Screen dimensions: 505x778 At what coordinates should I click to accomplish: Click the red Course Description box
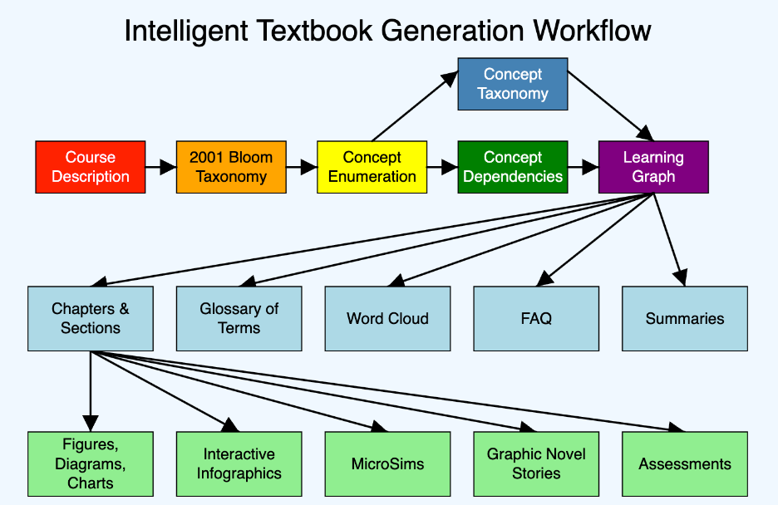click(91, 167)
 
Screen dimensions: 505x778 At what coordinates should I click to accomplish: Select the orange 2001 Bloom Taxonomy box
click(231, 167)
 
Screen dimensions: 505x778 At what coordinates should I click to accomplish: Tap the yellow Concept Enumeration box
click(372, 167)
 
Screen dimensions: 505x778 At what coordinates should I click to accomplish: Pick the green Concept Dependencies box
click(513, 167)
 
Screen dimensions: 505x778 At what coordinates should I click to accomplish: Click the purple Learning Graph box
click(653, 167)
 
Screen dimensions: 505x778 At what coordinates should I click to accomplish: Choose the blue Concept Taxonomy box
click(513, 84)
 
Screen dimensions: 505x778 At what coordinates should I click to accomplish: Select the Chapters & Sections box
click(91, 318)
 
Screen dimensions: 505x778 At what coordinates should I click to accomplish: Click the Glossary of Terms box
click(239, 318)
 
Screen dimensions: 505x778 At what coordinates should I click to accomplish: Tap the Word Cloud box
click(387, 318)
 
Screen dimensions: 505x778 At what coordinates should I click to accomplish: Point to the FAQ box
click(536, 318)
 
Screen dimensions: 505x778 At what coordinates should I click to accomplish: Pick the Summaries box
click(685, 318)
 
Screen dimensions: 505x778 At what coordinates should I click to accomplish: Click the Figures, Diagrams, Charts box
click(91, 463)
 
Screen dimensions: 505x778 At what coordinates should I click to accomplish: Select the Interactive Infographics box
click(239, 463)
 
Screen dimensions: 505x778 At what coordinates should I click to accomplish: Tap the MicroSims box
click(387, 463)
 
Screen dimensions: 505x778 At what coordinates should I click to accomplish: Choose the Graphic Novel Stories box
click(536, 463)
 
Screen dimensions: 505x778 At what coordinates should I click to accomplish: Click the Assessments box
click(685, 463)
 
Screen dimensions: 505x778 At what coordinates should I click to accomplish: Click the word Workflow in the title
click(592, 31)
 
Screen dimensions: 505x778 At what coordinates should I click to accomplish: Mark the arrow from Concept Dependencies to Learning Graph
click(583, 167)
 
